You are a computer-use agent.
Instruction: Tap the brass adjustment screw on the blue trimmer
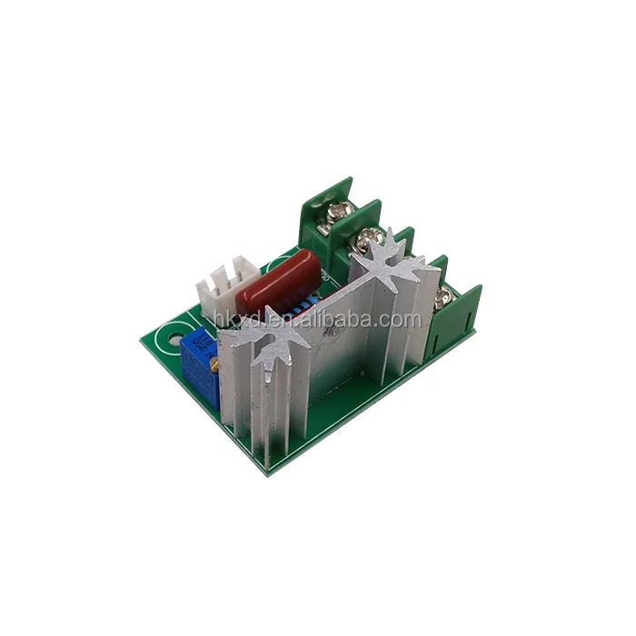[214, 365]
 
